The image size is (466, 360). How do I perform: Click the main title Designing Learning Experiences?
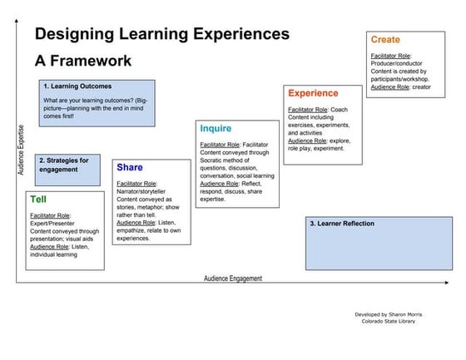(x=161, y=34)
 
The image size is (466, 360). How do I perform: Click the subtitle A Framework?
(x=82, y=62)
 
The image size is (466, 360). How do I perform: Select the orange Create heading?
(x=385, y=40)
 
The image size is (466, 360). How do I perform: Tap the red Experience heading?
(x=313, y=93)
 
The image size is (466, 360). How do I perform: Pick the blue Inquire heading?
(x=216, y=129)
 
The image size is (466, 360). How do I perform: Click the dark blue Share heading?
(x=130, y=167)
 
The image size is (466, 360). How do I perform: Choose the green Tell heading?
(x=38, y=200)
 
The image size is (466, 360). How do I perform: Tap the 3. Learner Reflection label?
(x=341, y=224)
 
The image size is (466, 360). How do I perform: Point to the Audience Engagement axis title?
(x=233, y=279)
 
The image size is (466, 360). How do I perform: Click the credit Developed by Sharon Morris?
(x=389, y=315)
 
